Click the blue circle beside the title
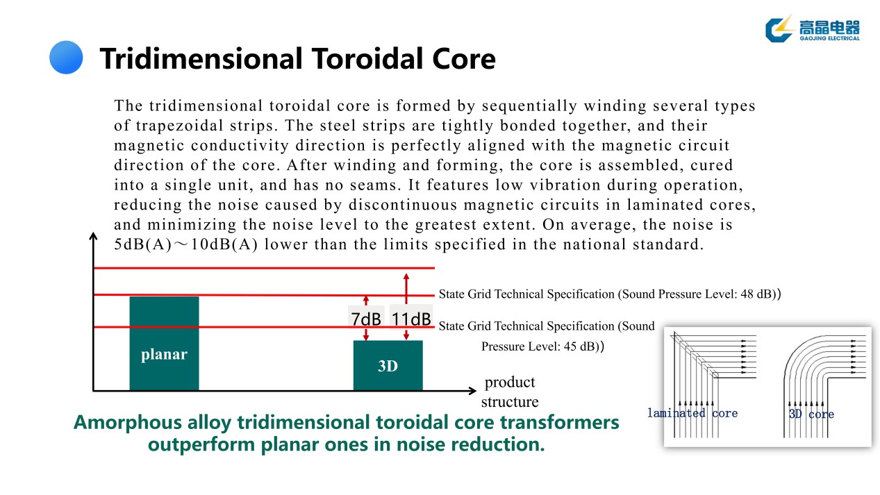(66, 57)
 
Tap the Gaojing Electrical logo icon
(779, 28)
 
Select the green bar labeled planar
(164, 344)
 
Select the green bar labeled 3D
(388, 365)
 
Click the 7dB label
(366, 319)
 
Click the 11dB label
(410, 319)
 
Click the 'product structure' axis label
(510, 392)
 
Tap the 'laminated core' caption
(692, 413)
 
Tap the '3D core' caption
(811, 414)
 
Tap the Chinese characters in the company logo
(829, 26)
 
